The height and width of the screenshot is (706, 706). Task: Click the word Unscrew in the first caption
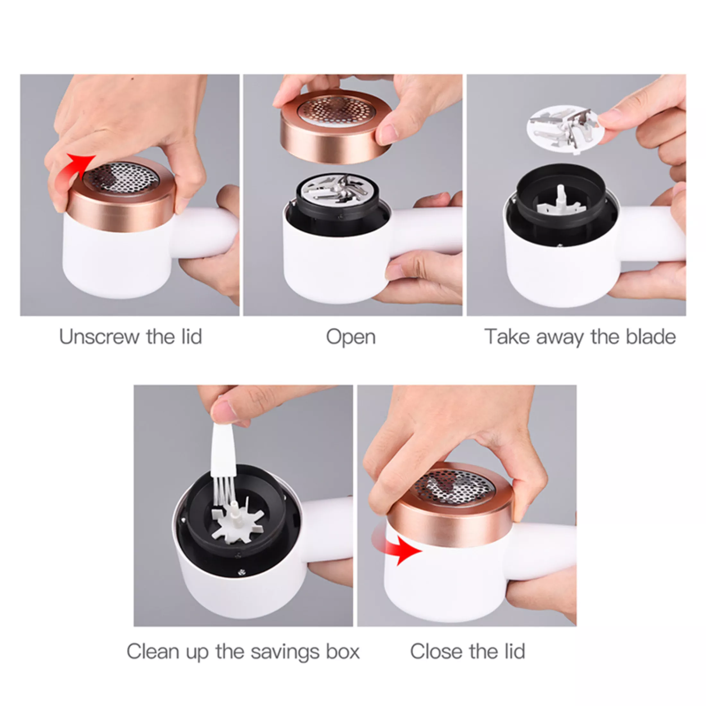100,337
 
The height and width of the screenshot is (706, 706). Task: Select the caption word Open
350,337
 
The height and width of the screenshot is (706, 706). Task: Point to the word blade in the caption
650,337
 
